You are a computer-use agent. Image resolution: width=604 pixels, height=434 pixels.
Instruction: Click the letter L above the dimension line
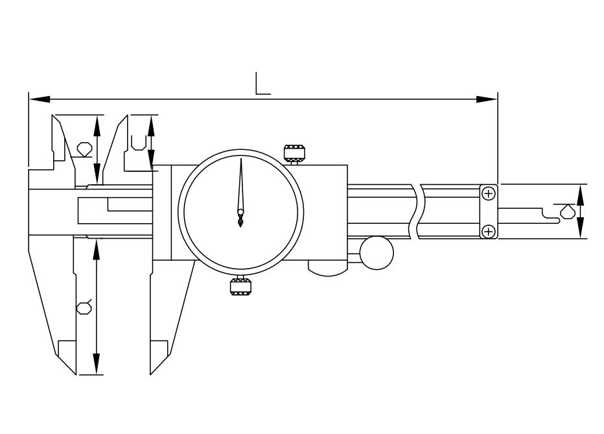(x=262, y=83)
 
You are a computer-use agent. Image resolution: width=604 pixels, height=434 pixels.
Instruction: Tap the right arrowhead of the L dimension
(x=487, y=99)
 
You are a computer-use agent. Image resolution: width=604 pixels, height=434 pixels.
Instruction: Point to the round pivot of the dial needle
(x=240, y=211)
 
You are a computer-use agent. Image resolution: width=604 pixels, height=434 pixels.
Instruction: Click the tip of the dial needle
(x=241, y=158)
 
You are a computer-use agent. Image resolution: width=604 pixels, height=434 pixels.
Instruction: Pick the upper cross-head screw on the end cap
(x=489, y=193)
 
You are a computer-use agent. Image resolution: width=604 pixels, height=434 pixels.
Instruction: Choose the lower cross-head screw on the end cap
(x=489, y=231)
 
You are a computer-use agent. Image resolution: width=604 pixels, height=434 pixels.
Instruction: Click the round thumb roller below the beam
(x=377, y=253)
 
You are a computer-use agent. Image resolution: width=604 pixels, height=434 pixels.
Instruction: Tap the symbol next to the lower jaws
(x=84, y=307)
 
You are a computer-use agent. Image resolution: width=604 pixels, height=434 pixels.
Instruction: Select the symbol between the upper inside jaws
(x=84, y=149)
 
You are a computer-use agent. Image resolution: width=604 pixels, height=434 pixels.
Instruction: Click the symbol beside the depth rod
(x=566, y=211)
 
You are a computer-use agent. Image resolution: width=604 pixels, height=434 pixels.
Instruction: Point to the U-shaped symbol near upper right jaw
(x=138, y=143)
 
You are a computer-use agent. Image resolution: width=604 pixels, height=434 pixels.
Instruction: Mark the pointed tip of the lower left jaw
(x=76, y=374)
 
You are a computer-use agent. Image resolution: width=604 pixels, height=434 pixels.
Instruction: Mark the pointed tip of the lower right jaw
(x=150, y=374)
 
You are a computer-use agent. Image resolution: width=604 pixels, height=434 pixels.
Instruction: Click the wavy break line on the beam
(x=417, y=211)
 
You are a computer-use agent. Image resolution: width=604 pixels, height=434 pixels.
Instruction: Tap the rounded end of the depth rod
(x=558, y=221)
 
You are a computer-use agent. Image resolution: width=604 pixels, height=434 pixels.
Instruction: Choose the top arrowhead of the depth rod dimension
(x=581, y=195)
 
